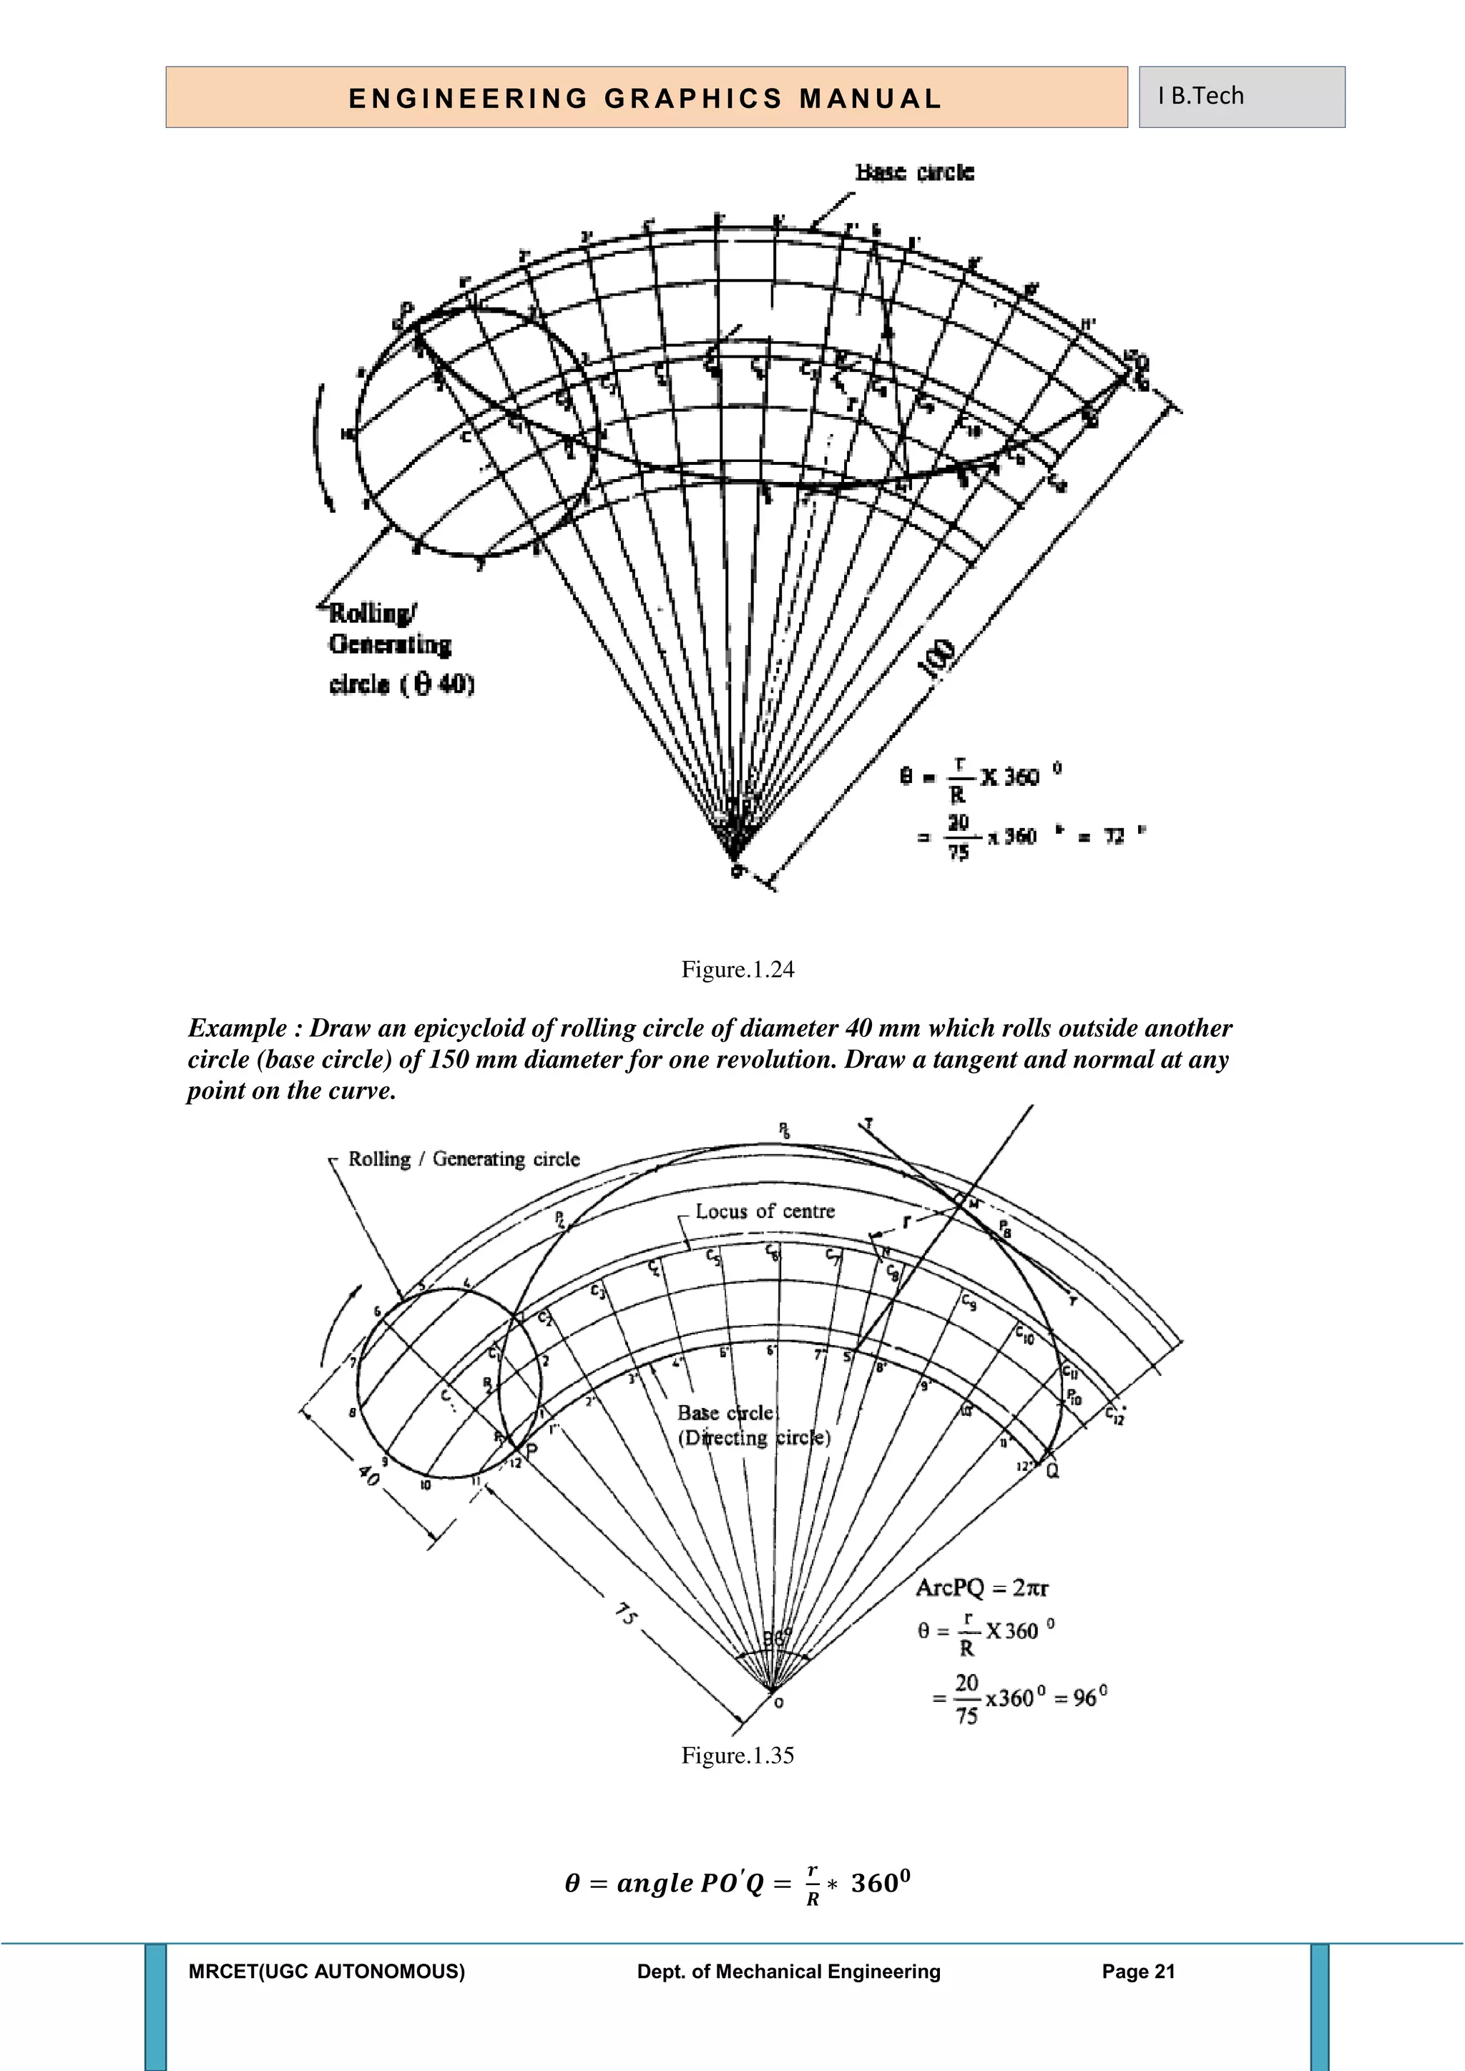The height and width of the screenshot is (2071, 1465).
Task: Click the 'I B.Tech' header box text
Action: point(1201,96)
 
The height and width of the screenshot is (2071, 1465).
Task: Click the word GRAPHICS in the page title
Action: point(693,98)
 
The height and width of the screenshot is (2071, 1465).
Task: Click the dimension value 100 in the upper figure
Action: point(936,658)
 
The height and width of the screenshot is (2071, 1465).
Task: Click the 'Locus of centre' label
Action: point(765,1211)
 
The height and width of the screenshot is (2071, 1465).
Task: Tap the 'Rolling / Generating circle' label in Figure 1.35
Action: point(464,1159)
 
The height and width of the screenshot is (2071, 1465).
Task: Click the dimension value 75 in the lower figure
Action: point(626,1614)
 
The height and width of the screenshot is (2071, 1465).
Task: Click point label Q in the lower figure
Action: point(1053,1471)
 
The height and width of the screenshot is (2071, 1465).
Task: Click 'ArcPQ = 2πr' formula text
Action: point(982,1588)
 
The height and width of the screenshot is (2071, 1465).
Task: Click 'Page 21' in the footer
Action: point(1138,1972)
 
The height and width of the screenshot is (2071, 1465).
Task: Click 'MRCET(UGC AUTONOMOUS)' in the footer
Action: point(327,1972)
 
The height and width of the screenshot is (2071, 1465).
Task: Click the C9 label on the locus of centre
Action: point(968,1302)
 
